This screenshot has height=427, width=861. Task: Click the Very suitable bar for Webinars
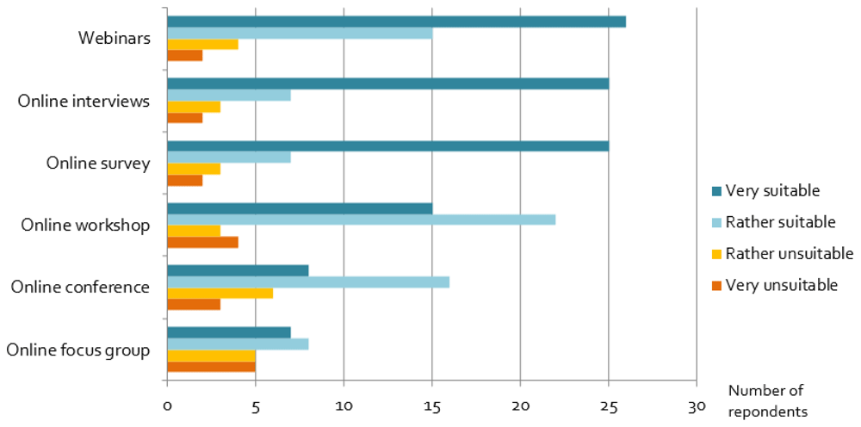(396, 22)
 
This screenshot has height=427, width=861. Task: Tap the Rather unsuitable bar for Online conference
(220, 294)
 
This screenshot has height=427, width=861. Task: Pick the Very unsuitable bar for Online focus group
(212, 367)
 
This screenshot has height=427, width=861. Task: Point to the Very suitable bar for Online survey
(387, 146)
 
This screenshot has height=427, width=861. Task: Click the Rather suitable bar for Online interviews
(229, 95)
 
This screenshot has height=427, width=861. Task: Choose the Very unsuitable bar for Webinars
(185, 55)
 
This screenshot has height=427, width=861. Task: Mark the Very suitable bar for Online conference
(238, 271)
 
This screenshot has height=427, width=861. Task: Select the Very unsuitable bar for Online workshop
(202, 242)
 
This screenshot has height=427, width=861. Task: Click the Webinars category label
(114, 39)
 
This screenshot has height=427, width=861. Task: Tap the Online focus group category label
(78, 350)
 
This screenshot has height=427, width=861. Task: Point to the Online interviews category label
(84, 102)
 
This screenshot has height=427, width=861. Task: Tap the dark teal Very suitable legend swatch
(715, 191)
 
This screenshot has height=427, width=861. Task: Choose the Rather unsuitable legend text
(790, 254)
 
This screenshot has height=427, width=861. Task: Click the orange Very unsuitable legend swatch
(715, 286)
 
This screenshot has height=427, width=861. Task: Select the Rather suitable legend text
(781, 222)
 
